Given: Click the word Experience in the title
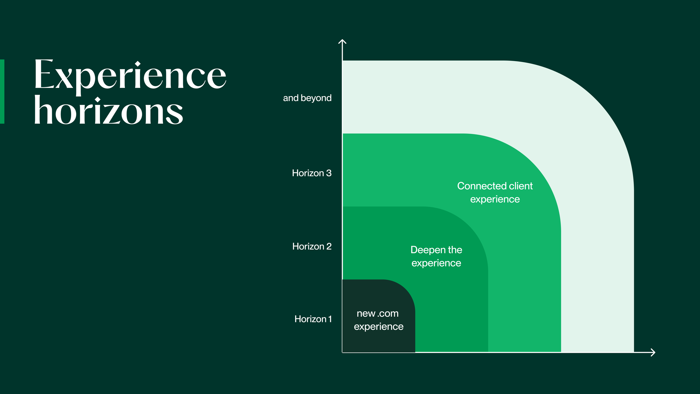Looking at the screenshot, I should tap(130, 75).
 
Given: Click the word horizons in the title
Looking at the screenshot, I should tap(108, 111).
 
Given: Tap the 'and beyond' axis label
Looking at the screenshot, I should tap(307, 98).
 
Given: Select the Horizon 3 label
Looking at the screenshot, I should tap(312, 173).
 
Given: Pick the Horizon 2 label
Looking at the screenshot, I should tap(312, 246).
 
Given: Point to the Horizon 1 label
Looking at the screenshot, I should tap(313, 319).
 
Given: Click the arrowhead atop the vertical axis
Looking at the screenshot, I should tap(342, 42).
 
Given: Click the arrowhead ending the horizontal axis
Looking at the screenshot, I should tap(653, 352).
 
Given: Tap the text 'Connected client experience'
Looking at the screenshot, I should tap(495, 193).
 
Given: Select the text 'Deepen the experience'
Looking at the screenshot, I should tap(436, 256).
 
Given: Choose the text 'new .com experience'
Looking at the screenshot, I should tap(379, 320).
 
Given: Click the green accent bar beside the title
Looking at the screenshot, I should tap(2, 91).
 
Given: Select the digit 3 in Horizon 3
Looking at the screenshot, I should tap(329, 173).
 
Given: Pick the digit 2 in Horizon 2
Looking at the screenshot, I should tap(329, 246).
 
